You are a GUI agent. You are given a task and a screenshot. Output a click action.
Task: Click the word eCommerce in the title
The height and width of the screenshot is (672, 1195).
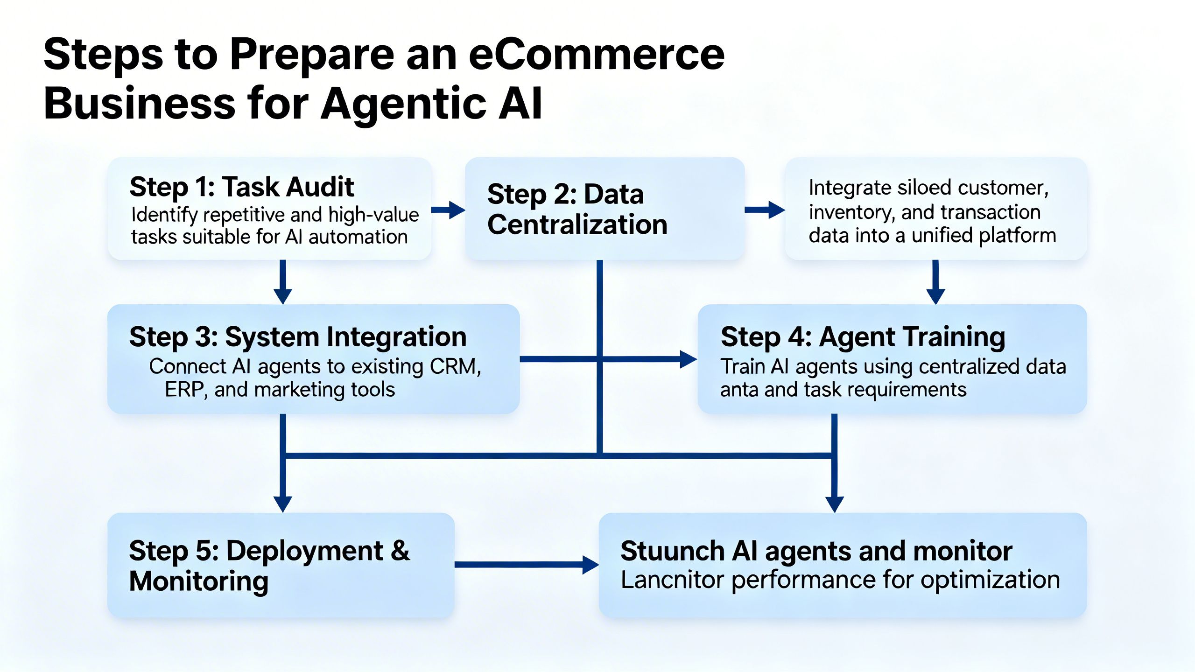tap(596, 55)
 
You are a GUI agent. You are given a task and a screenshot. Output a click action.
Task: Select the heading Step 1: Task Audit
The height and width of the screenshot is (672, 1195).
tap(241, 187)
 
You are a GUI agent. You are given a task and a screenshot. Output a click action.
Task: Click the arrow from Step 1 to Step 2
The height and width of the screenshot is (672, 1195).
tap(448, 210)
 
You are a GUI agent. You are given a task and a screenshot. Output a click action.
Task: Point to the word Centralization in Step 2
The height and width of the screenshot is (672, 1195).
tap(577, 224)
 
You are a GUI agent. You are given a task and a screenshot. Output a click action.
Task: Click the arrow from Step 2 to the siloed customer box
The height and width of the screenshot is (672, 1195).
tap(765, 210)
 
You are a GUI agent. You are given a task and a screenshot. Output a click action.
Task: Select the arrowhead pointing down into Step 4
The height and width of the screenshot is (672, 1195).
tap(935, 296)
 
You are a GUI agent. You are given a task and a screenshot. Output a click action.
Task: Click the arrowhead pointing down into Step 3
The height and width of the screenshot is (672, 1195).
tap(283, 296)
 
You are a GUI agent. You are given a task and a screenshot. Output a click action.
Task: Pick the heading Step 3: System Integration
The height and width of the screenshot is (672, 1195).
tap(298, 336)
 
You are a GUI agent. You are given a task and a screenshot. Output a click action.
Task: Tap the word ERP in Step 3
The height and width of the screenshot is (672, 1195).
tap(185, 390)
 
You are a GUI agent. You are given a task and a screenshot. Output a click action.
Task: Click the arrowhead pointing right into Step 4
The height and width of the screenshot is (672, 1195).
tap(688, 359)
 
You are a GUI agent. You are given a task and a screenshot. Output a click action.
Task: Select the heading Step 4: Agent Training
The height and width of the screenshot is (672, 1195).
tap(863, 336)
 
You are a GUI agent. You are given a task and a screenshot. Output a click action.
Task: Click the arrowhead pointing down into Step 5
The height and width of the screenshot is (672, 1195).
tap(283, 504)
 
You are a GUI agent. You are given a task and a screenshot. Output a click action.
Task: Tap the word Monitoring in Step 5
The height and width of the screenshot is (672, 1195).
tap(198, 581)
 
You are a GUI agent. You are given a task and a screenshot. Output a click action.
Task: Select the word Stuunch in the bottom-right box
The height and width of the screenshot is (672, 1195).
tap(672, 551)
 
